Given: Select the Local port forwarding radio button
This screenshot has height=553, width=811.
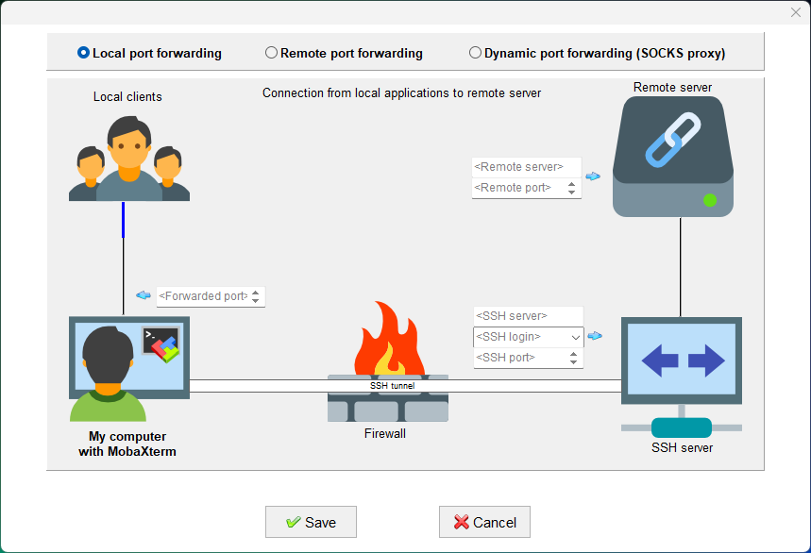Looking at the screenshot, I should [83, 53].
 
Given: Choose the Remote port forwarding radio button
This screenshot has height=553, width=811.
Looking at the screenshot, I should [272, 53].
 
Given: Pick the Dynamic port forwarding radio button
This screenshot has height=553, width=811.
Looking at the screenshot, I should [475, 53].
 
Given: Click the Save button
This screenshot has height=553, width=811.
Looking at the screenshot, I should [311, 522].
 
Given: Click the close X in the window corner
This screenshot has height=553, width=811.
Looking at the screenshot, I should [795, 11].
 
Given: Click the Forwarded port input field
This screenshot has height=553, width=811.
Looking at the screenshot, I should [202, 296].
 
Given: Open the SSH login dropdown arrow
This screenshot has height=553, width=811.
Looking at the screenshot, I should [575, 337].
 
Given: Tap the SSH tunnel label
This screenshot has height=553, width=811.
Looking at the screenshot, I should [392, 386].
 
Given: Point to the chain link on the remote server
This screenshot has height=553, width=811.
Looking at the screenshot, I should [672, 140].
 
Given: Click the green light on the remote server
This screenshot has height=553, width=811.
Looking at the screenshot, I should [710, 200].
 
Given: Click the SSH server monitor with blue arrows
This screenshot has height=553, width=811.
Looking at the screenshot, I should [682, 360].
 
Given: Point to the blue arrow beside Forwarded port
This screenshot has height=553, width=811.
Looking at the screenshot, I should [144, 295].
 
